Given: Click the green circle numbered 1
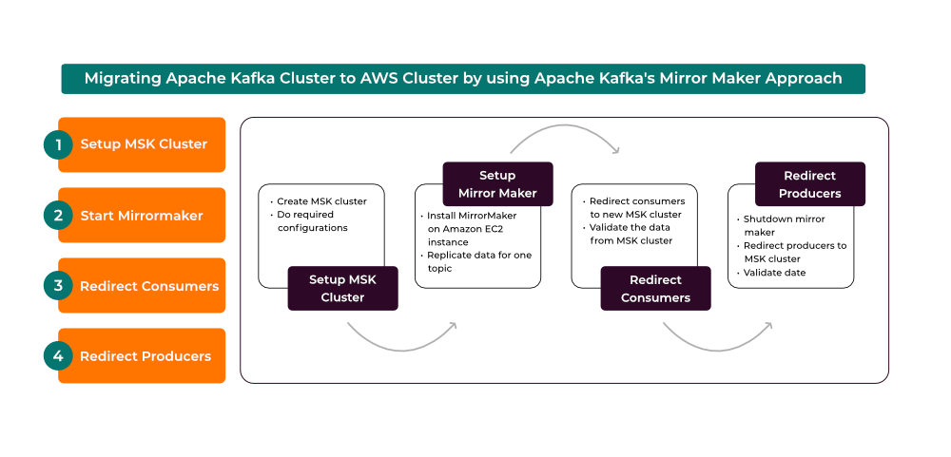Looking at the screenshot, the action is pyautogui.click(x=58, y=144).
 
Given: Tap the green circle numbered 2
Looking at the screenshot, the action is pyautogui.click(x=58, y=215).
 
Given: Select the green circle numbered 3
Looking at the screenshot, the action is pyautogui.click(x=58, y=285).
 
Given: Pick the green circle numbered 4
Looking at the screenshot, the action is pyautogui.click(x=58, y=355).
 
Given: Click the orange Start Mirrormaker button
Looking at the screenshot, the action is pyautogui.click(x=142, y=215).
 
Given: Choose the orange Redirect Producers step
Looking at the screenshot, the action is pyautogui.click(x=142, y=355).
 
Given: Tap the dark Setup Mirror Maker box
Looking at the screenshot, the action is pyautogui.click(x=498, y=184).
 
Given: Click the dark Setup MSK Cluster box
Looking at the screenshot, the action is pyautogui.click(x=342, y=289).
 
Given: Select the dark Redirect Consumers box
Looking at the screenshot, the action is pyautogui.click(x=655, y=289).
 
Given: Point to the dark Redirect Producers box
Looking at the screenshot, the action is pyautogui.click(x=810, y=184).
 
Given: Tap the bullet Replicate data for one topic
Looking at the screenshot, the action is pyautogui.click(x=475, y=261).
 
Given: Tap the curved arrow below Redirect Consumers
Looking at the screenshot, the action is pyautogui.click(x=717, y=348).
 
